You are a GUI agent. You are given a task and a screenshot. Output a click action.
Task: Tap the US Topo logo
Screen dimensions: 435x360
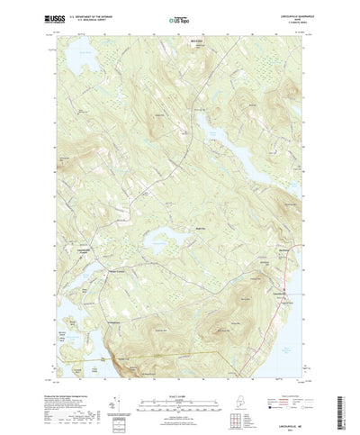179,18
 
